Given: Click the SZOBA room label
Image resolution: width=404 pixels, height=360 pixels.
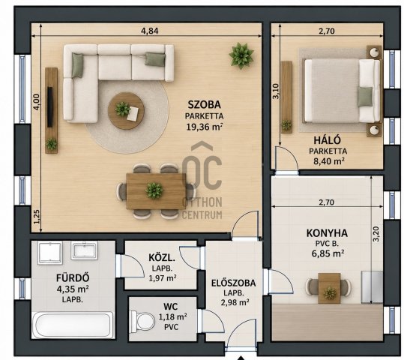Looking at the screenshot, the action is point(205,104).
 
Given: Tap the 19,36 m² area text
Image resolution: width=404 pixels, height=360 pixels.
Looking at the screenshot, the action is point(205,127).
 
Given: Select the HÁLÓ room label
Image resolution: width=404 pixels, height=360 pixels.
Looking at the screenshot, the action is point(327,140).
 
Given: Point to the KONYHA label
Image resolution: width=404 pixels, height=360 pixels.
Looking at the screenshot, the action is point(327,233).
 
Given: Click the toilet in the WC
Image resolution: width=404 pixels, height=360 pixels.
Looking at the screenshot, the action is point(142,321).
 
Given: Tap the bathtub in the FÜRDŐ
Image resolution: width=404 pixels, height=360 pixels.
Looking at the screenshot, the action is point(73,325).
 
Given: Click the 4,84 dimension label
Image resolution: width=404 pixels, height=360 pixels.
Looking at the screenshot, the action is point(150,31).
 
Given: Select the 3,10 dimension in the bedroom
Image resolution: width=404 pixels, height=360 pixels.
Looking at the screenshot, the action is point(276,91).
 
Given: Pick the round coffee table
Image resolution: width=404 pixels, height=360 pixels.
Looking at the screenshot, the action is point(126,111).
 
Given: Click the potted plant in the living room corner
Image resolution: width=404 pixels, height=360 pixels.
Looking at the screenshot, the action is point(241,55).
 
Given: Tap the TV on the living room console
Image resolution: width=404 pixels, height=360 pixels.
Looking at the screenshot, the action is point(50,106).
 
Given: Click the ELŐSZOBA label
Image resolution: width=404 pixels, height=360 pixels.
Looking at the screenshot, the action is point(233,283).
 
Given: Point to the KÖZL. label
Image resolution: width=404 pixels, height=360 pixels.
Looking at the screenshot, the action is point(162,257).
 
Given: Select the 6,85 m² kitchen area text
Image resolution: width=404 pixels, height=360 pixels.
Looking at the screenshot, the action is point(328,253).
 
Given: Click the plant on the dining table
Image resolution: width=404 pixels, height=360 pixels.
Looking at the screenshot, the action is point(154,190).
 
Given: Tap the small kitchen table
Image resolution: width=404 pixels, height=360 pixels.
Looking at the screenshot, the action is point(329,288).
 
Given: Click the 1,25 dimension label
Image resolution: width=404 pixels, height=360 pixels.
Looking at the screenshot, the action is point(37,217).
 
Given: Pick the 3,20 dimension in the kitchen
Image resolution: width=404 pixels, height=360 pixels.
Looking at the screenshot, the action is point(376,234).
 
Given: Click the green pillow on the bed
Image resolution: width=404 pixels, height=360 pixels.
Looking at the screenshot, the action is point(365,97).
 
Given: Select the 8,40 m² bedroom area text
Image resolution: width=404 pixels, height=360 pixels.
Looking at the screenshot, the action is point(329,161).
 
